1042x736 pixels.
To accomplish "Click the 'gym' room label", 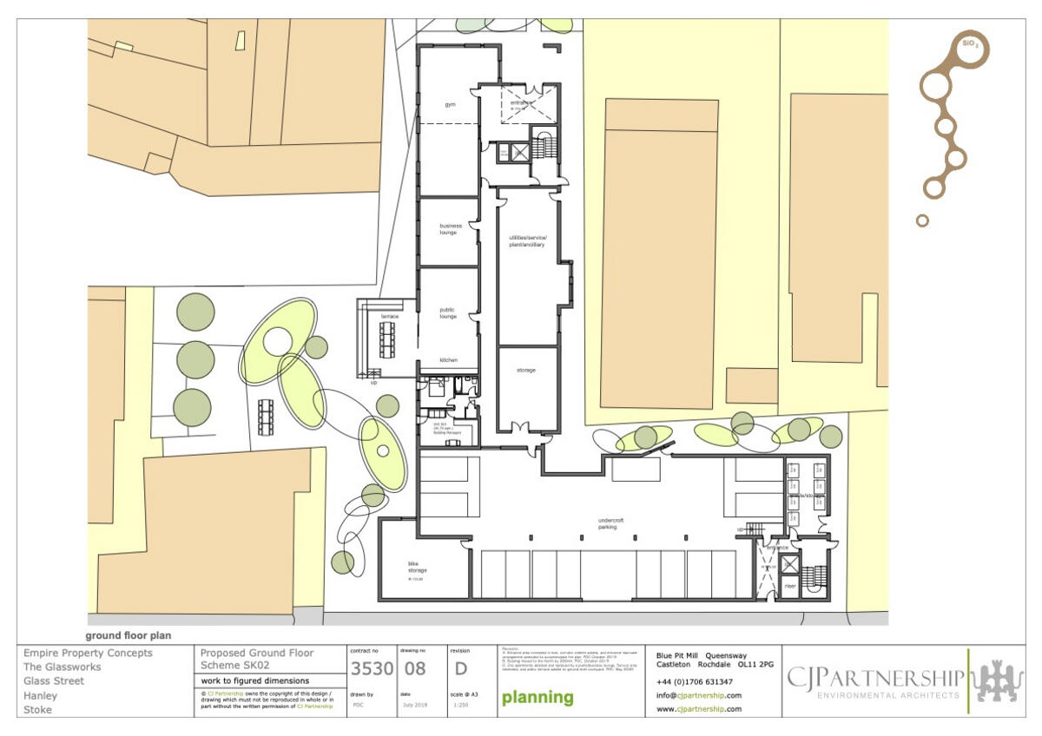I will pyautogui.click(x=450, y=104).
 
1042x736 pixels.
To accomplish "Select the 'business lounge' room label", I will pyautogui.click(x=451, y=229).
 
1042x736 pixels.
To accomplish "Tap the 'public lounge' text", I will pyautogui.click(x=448, y=313).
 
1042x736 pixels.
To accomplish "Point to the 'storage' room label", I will pyautogui.click(x=525, y=371).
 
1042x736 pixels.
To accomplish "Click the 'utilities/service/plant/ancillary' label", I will pyautogui.click(x=527, y=241).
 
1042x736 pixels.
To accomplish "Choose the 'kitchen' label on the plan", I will pyautogui.click(x=448, y=359).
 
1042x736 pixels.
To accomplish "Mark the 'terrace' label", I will pyautogui.click(x=390, y=316).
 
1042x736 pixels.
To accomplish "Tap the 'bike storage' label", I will pyautogui.click(x=419, y=567).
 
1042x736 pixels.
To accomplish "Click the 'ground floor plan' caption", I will pyautogui.click(x=129, y=635).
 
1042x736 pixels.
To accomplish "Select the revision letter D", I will pyautogui.click(x=460, y=668).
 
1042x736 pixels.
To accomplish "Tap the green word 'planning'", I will pyautogui.click(x=537, y=697).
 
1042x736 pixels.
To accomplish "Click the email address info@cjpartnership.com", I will pyautogui.click(x=699, y=695).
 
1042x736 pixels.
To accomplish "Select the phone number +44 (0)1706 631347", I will pyautogui.click(x=695, y=682).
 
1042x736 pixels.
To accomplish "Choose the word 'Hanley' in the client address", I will pyautogui.click(x=41, y=695).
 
